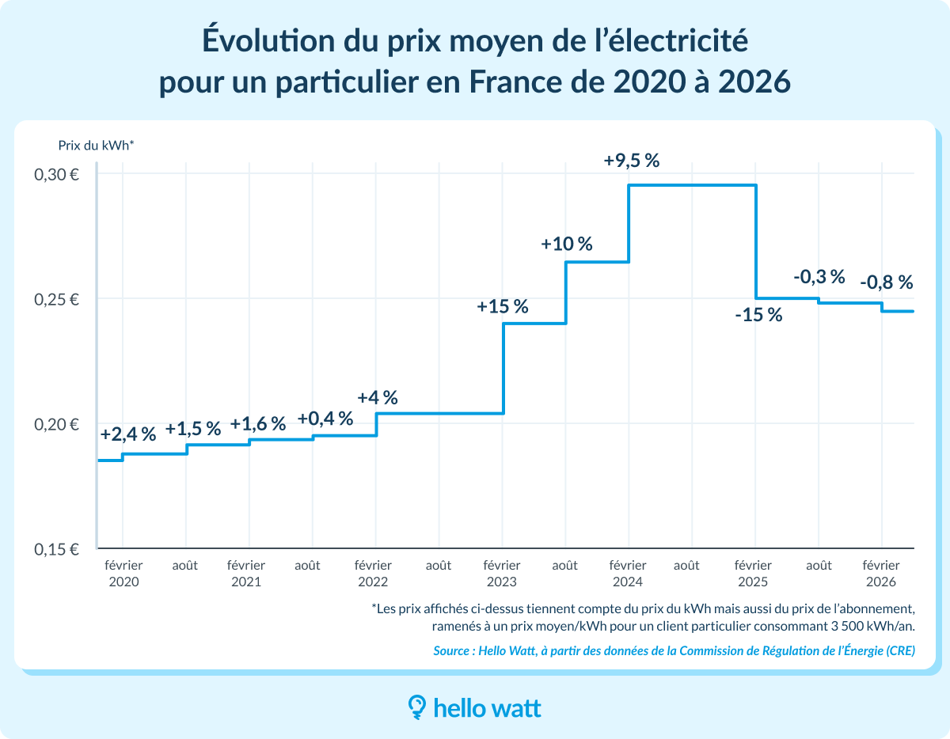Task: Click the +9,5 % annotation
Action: pyautogui.click(x=631, y=161)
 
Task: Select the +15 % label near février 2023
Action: pyautogui.click(x=502, y=307)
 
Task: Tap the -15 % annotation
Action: pyautogui.click(x=758, y=315)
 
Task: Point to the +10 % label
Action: pyautogui.click(x=566, y=244)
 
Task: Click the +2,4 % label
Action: pyautogui.click(x=127, y=434)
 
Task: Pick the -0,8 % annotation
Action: pyautogui.click(x=886, y=282)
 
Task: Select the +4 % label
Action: pyautogui.click(x=377, y=397)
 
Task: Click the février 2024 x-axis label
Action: pyautogui.click(x=628, y=573)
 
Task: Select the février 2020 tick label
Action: pyautogui.click(x=123, y=573)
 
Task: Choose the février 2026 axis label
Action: pyautogui.click(x=880, y=573)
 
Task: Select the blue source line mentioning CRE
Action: pyautogui.click(x=674, y=651)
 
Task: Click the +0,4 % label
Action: pyautogui.click(x=325, y=419)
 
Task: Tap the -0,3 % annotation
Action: pyautogui.click(x=819, y=277)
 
